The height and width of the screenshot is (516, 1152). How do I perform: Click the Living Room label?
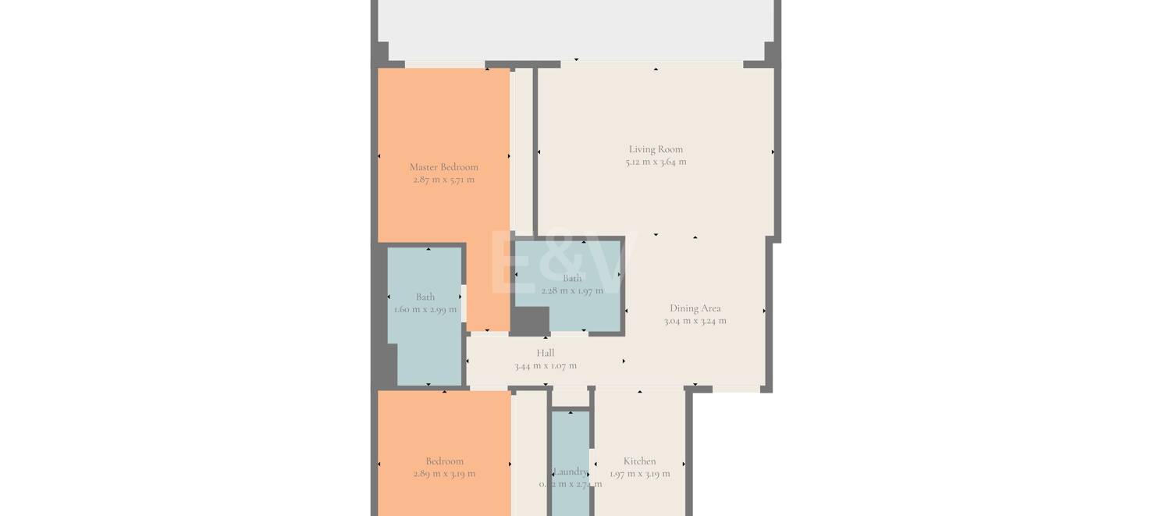(x=656, y=149)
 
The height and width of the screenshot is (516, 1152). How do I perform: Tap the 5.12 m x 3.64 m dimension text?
(x=656, y=162)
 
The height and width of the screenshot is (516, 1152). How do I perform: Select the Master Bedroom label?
(x=443, y=166)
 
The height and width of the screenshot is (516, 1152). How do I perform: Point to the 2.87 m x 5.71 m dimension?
(x=443, y=180)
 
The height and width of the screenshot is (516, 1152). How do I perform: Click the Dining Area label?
(x=695, y=308)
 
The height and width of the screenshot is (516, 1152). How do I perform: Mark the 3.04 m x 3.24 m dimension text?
(x=695, y=321)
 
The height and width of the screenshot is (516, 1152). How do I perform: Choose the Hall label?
(x=545, y=353)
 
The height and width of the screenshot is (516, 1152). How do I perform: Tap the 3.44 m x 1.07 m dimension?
(x=545, y=365)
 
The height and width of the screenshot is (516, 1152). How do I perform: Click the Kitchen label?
(x=639, y=461)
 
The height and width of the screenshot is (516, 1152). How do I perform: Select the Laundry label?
(x=570, y=472)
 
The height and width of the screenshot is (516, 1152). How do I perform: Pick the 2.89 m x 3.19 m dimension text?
(x=444, y=474)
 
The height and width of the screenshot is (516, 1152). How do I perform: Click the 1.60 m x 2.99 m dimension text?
(x=425, y=309)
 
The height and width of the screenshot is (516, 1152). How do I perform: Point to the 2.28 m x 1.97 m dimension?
(x=572, y=290)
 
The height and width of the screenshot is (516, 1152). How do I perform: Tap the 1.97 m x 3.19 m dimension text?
(x=639, y=474)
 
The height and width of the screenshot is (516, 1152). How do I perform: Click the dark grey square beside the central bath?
(x=530, y=322)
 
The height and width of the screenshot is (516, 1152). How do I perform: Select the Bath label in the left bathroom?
(x=425, y=297)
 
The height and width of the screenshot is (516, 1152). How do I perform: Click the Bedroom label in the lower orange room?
(x=444, y=461)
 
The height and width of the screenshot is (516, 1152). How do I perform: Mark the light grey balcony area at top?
(x=575, y=27)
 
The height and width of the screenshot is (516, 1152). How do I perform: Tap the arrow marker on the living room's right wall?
(x=773, y=152)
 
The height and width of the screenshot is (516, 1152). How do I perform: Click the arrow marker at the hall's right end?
(x=623, y=361)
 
